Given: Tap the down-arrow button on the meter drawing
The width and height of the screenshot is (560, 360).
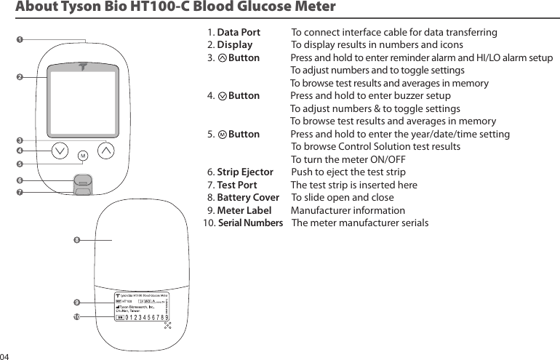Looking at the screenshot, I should click(x=60, y=151).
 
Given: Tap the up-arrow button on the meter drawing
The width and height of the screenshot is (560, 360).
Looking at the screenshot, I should click(x=106, y=151).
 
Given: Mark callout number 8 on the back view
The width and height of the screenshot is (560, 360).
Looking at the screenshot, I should click(x=76, y=239).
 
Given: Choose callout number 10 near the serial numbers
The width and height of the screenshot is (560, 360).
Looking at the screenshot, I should click(x=76, y=317).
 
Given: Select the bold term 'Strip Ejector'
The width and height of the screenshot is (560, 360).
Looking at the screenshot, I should click(x=245, y=172).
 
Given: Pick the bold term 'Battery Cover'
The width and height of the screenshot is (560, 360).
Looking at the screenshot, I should click(x=248, y=198).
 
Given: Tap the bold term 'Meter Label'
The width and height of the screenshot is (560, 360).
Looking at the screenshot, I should click(x=244, y=211).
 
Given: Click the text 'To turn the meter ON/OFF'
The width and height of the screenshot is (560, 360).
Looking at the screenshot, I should click(x=348, y=160).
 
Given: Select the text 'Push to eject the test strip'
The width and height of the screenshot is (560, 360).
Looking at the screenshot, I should click(x=348, y=172).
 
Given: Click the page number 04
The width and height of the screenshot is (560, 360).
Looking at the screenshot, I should click(x=5, y=356).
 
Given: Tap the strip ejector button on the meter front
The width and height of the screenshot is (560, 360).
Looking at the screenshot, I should click(x=83, y=180).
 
